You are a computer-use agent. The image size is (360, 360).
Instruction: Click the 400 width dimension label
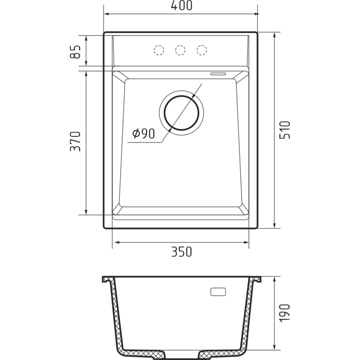181,5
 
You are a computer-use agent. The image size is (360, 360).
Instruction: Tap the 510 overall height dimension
285,130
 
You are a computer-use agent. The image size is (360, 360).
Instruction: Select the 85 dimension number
75,52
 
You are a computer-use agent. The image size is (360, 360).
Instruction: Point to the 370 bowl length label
75,141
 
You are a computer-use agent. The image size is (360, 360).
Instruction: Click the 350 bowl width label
181,252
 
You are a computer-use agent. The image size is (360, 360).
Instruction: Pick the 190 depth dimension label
285,313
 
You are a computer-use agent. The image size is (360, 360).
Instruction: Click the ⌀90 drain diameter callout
144,133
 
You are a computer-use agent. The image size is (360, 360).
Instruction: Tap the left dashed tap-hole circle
159,50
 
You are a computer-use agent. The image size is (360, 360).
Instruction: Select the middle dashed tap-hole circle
180,50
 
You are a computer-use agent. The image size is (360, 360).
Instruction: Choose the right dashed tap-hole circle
202,50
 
